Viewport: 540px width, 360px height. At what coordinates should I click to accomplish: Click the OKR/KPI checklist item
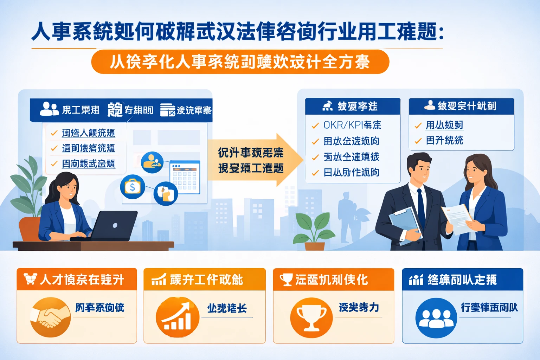pyautogui.click(x=352, y=125)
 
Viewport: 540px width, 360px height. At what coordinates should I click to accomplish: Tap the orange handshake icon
pyautogui.click(x=50, y=317)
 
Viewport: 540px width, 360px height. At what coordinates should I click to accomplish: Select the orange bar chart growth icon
pyautogui.click(x=178, y=317)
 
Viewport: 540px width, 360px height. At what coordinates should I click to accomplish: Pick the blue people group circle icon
pyautogui.click(x=436, y=318)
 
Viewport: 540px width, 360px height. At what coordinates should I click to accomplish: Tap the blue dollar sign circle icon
pyautogui.click(x=133, y=187)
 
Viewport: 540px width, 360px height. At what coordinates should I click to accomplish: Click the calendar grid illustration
pyautogui.click(x=185, y=178)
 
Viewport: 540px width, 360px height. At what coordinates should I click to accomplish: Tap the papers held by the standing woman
pyautogui.click(x=457, y=218)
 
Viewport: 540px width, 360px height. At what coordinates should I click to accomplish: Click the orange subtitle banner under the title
pyautogui.click(x=240, y=62)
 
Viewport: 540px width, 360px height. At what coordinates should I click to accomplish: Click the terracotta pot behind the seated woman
pyautogui.click(x=30, y=229)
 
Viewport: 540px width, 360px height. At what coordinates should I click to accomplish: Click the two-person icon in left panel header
pyautogui.click(x=49, y=109)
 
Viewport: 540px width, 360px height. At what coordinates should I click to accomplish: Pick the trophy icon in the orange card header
pyautogui.click(x=286, y=280)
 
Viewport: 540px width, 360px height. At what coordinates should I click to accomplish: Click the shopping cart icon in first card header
pyautogui.click(x=30, y=279)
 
